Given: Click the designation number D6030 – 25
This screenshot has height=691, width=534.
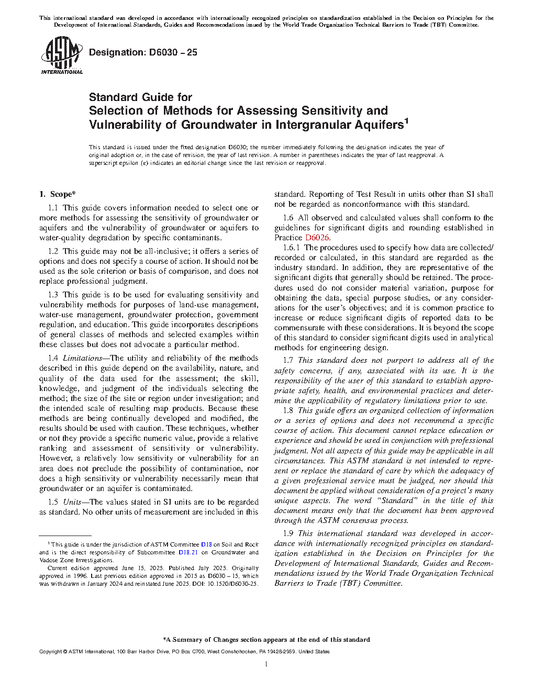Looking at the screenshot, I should [x=143, y=52].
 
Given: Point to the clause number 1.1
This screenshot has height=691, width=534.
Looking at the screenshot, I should [x=53, y=208].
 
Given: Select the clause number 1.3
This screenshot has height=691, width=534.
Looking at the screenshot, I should [x=53, y=295].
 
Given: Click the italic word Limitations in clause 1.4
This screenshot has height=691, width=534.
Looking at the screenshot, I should [x=82, y=358].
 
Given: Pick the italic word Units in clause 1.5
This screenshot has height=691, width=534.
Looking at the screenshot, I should [x=72, y=502].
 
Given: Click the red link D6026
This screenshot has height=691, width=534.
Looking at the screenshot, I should [x=317, y=238].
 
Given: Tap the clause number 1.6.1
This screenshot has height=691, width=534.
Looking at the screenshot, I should [x=291, y=248].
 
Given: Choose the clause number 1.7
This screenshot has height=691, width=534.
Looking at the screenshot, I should [x=288, y=360].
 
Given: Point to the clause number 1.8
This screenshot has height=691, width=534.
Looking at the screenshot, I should [x=288, y=410].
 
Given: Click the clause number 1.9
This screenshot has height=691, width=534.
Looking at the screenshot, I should [x=288, y=533].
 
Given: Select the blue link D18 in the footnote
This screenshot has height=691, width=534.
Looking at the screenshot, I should [x=206, y=545].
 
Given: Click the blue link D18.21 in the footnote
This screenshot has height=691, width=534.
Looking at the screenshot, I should [x=188, y=552].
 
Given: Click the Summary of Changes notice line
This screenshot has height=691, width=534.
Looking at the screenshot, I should [x=266, y=639].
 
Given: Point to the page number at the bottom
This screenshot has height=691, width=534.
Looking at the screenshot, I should [x=266, y=664].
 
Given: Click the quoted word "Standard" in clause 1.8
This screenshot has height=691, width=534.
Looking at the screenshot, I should [x=396, y=500].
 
